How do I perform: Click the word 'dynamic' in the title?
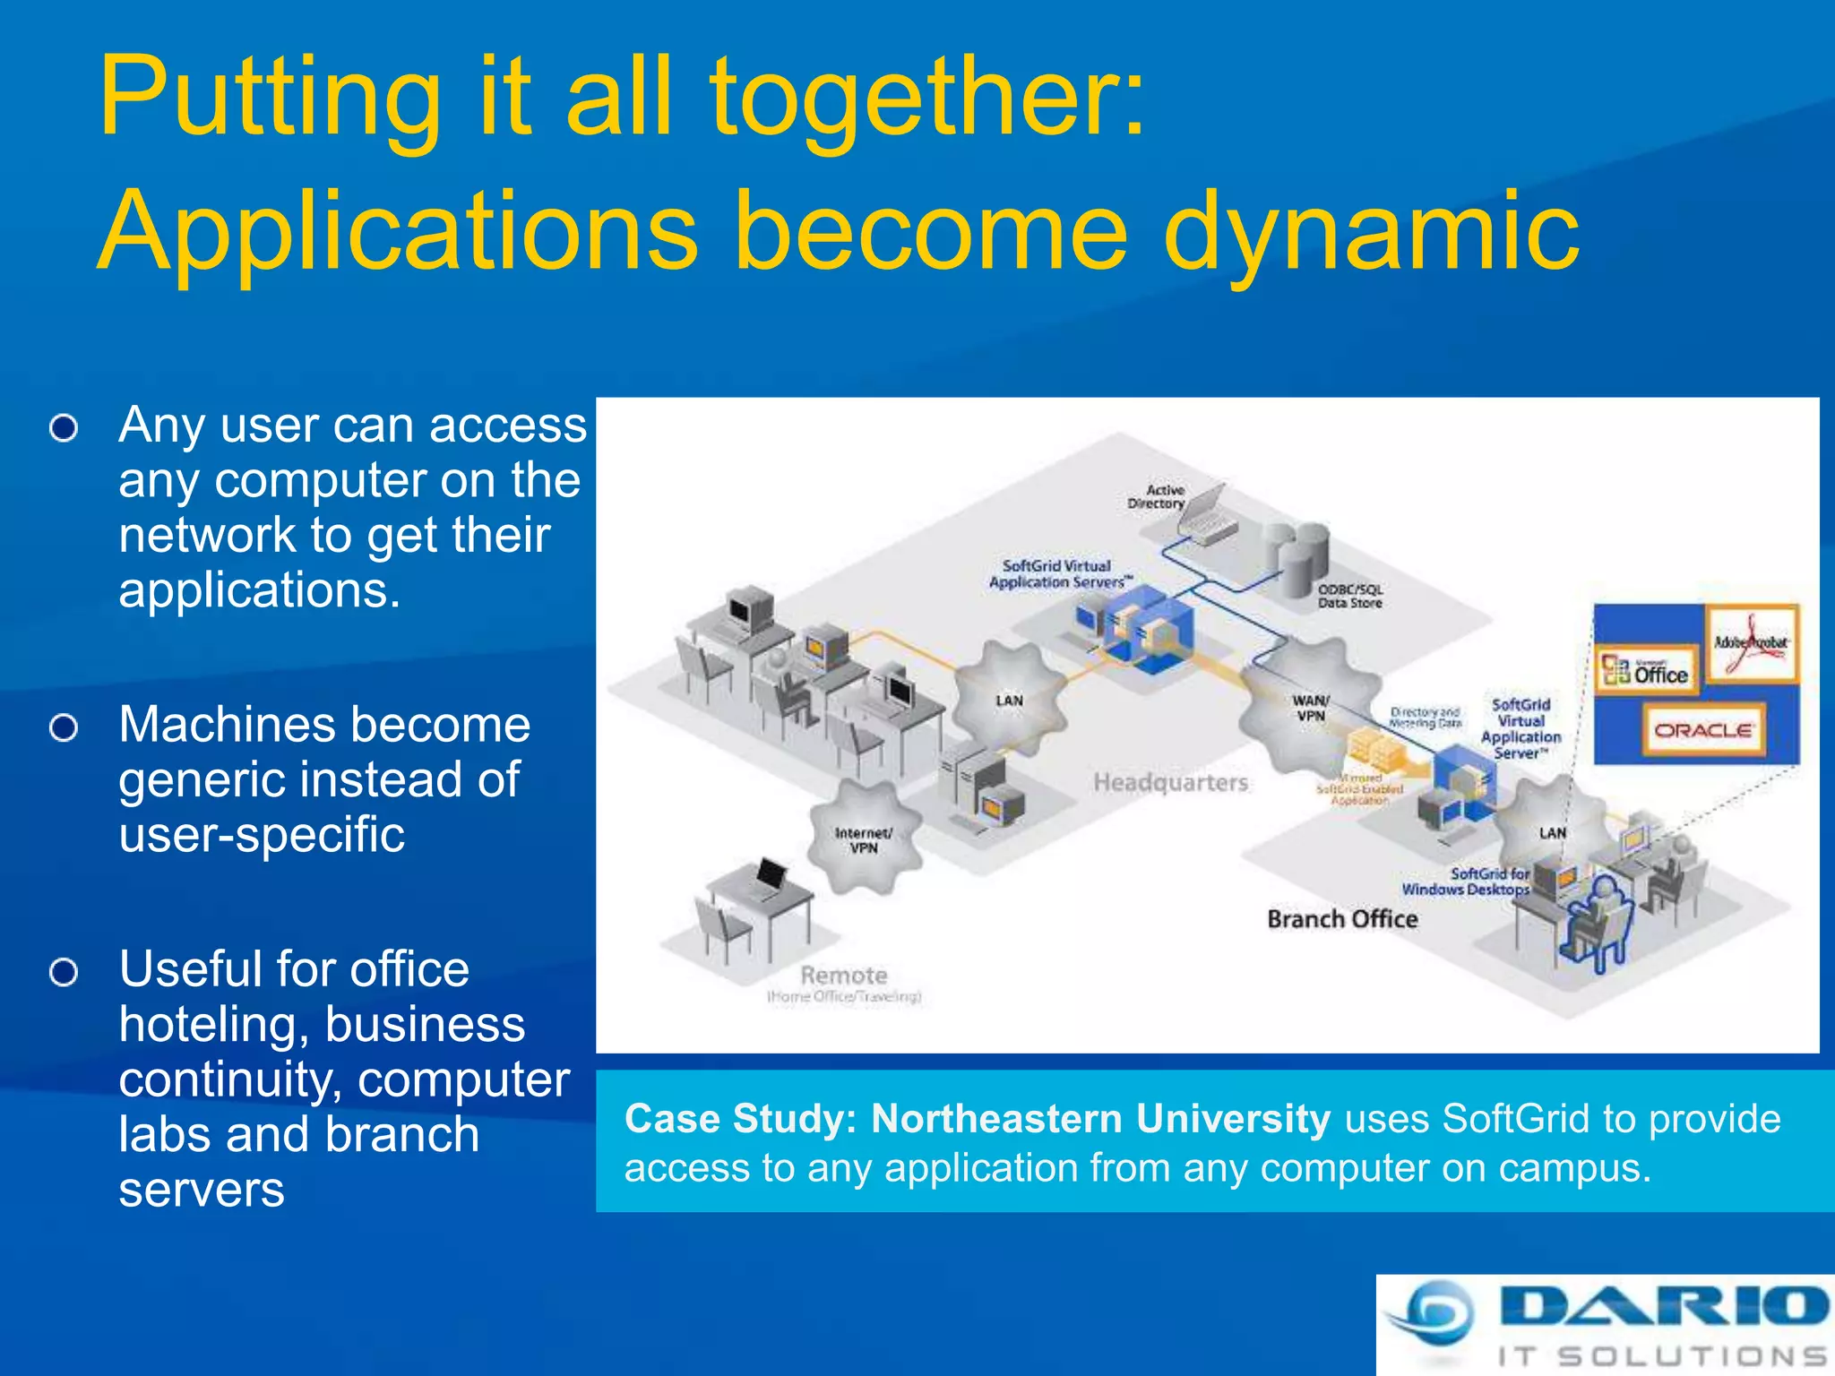(x=1371, y=235)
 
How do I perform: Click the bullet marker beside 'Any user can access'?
(x=64, y=428)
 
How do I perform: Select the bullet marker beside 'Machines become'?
(x=64, y=728)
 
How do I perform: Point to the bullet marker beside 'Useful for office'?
(x=64, y=972)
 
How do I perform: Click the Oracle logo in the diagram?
(x=1702, y=730)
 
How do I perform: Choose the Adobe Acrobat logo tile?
(x=1751, y=643)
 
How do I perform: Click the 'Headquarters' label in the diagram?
(x=1170, y=783)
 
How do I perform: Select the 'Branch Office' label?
(x=1342, y=919)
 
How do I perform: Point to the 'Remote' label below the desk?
(x=843, y=976)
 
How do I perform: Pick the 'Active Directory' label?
(x=1158, y=497)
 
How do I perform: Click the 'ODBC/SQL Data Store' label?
(x=1350, y=596)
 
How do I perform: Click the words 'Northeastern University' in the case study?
(x=1100, y=1119)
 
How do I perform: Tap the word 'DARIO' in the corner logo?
(x=1662, y=1306)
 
